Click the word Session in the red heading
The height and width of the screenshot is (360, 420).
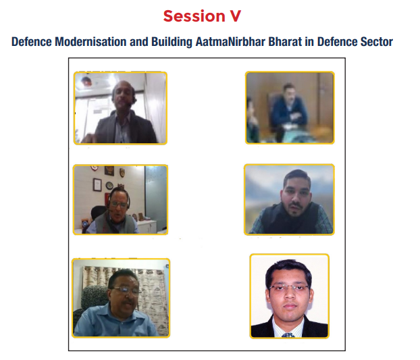(x=194, y=16)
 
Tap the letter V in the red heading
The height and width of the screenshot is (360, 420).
(x=236, y=16)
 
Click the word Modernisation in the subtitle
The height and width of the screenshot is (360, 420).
(x=90, y=42)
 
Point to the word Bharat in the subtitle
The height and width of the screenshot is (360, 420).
(x=285, y=42)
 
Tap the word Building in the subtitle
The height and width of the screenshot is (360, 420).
(x=172, y=42)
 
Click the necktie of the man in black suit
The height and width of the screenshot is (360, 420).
(x=288, y=335)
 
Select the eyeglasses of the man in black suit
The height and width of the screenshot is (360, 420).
(x=289, y=288)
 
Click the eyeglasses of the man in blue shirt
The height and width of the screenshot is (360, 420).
(x=126, y=290)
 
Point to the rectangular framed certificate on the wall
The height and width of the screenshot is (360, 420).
(x=97, y=185)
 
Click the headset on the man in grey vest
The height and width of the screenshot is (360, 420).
(x=118, y=198)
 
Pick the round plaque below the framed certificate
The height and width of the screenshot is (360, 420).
(x=109, y=185)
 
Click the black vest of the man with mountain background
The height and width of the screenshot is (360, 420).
(x=290, y=219)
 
